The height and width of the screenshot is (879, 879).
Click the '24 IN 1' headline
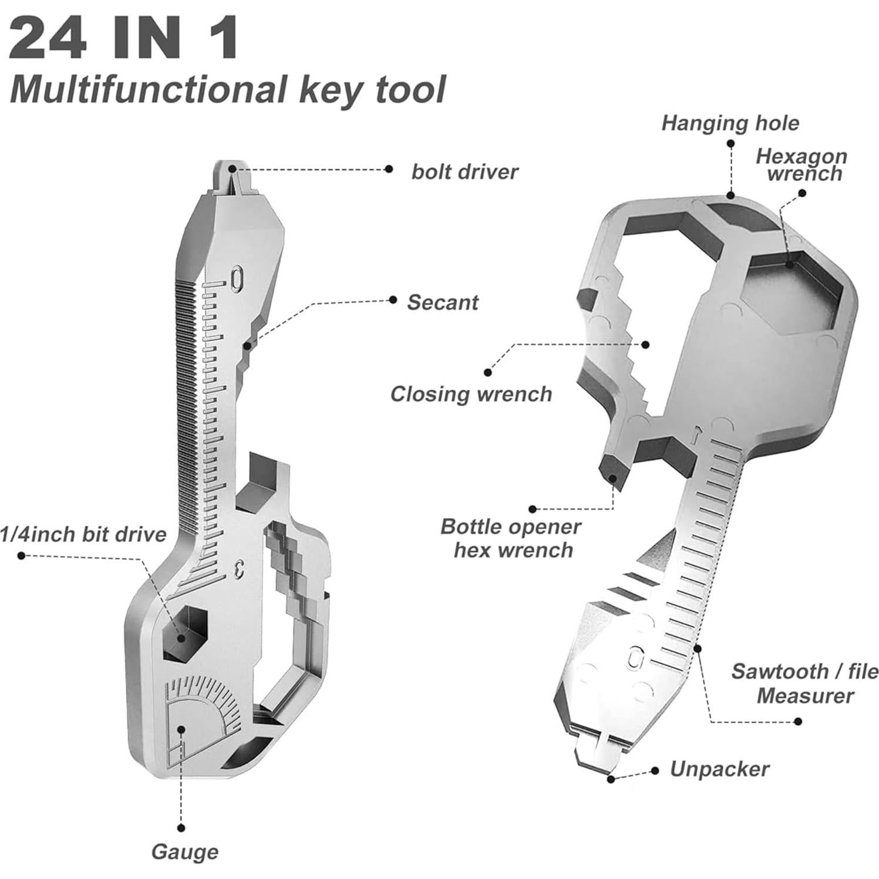(124, 38)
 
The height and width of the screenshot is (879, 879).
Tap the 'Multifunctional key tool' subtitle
(228, 89)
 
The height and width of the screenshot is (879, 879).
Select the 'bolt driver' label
(464, 172)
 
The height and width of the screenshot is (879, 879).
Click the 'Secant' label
(443, 302)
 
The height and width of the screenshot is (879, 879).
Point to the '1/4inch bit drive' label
(83, 534)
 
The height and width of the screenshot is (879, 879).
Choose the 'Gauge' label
(185, 851)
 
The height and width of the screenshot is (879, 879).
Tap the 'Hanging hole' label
(730, 123)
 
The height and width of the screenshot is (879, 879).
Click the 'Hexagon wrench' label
(802, 165)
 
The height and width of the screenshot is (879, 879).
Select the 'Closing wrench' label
(472, 394)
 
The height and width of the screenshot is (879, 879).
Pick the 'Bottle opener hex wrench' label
(511, 538)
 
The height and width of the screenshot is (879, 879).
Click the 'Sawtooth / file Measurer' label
(804, 683)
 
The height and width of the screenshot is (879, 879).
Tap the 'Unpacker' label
(719, 769)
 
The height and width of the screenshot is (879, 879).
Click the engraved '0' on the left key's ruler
(236, 278)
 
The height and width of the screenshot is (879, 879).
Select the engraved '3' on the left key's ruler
(238, 568)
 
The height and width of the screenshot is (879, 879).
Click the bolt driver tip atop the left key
(233, 173)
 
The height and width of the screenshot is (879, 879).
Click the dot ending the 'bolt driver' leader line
(389, 169)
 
